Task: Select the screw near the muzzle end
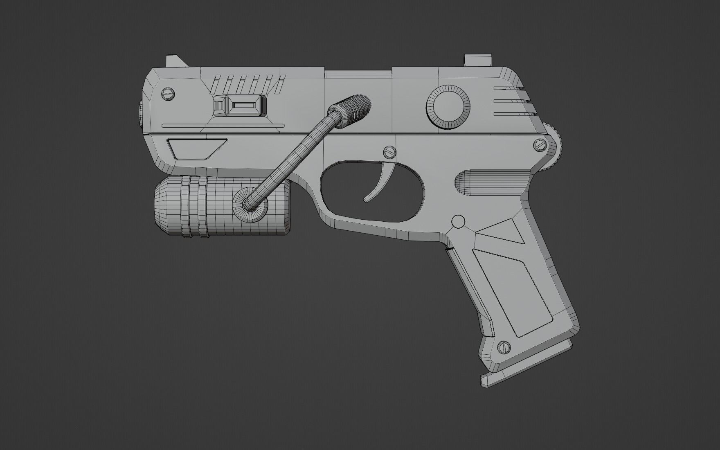168,94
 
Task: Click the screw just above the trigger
390,153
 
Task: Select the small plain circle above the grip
458,222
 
